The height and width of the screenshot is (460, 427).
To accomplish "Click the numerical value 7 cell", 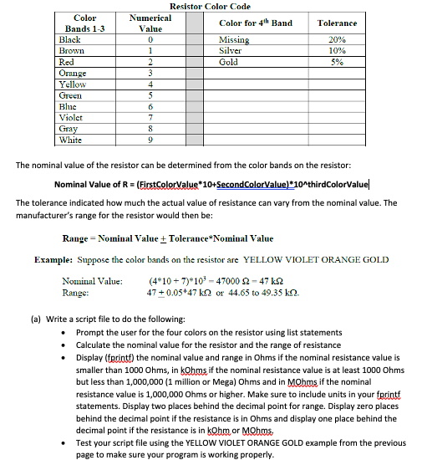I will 150,118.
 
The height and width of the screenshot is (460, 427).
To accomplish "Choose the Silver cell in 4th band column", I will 230,51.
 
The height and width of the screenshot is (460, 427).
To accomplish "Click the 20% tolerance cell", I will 337,40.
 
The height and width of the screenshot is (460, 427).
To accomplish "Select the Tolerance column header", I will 337,23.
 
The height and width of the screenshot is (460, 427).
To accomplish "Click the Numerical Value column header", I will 150,23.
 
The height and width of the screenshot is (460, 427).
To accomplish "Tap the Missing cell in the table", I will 233,40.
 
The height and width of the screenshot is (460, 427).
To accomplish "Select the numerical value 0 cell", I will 150,40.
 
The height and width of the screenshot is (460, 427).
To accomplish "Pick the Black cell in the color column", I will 69,40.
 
